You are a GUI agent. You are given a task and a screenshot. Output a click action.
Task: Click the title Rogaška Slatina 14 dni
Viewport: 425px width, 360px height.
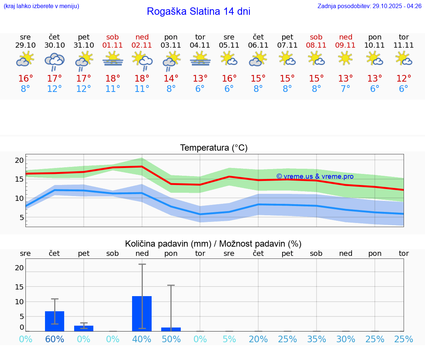coord(198,11)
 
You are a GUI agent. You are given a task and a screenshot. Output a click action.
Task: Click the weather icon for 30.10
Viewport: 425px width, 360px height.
coord(55,61)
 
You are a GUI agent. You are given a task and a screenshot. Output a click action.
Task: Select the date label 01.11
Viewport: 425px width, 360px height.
coord(113,45)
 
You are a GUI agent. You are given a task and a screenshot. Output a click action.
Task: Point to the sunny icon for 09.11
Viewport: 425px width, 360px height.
coord(346,58)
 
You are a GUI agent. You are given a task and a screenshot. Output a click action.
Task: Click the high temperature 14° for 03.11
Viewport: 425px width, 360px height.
coord(171,79)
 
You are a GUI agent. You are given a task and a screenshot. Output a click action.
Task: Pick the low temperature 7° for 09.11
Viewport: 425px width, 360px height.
coord(346,89)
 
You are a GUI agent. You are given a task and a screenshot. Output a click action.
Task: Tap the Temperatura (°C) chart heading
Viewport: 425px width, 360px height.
coord(214,148)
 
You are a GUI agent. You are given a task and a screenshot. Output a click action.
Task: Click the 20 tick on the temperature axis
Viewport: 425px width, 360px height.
coord(19,160)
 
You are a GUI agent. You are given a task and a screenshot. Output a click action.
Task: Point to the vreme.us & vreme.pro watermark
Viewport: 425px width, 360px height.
coord(315,176)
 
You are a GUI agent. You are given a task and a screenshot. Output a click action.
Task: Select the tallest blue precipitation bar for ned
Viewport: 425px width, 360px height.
coord(142,313)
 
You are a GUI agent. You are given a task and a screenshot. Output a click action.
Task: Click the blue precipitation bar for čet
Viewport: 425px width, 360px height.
coord(55,321)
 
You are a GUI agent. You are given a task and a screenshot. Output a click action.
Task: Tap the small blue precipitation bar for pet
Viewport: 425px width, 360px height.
coord(84,328)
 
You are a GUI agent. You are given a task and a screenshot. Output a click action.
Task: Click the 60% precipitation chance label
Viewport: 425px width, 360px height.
coord(55,339)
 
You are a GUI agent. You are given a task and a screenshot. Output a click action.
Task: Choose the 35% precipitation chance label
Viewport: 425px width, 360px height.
coord(317,339)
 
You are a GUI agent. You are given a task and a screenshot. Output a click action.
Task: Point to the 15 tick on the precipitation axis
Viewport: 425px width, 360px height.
coord(19,287)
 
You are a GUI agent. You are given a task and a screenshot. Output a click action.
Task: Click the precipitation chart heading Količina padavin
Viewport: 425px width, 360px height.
coord(213,244)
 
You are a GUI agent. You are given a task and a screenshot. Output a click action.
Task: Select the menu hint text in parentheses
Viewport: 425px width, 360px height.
coord(41,6)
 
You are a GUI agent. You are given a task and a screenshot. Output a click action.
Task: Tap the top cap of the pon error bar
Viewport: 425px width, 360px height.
coord(171,285)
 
